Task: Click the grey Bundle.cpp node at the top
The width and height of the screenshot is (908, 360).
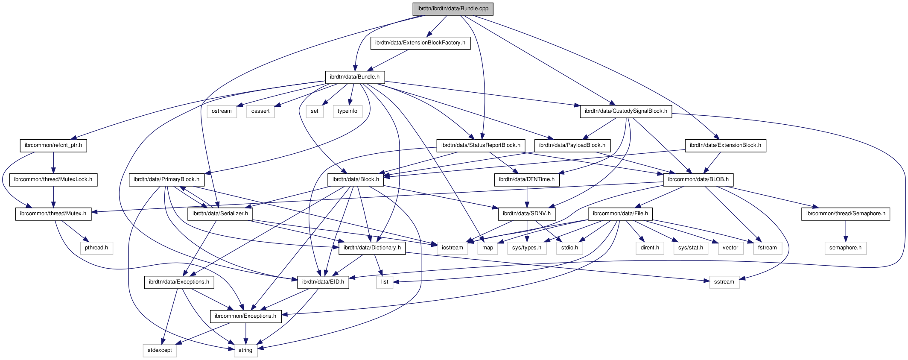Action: click(453, 9)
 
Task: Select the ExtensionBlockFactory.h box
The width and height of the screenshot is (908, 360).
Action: click(420, 43)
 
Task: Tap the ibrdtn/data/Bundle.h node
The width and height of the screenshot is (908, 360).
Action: click(355, 77)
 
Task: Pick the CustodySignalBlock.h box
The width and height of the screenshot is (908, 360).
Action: click(626, 111)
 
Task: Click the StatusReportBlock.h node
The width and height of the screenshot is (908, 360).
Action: click(481, 145)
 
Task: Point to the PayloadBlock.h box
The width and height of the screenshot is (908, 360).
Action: click(572, 145)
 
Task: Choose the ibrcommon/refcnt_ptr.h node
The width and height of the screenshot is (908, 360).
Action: click(53, 145)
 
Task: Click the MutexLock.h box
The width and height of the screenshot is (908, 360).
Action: click(53, 179)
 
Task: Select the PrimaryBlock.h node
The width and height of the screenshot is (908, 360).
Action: click(164, 179)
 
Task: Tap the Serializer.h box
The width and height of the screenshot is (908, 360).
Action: click(220, 214)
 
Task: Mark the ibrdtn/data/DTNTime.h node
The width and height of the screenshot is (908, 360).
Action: click(527, 179)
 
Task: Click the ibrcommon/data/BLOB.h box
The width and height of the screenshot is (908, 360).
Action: click(698, 179)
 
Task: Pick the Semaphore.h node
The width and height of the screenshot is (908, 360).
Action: click(846, 214)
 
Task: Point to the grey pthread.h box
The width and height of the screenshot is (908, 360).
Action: click(96, 248)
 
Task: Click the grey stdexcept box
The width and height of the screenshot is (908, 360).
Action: click(160, 350)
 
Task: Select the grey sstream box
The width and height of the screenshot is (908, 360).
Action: click(724, 282)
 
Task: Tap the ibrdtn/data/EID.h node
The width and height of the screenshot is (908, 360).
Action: click(323, 282)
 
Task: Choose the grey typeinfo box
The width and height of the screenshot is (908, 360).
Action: click(347, 111)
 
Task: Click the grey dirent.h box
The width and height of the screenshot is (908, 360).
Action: click(650, 248)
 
